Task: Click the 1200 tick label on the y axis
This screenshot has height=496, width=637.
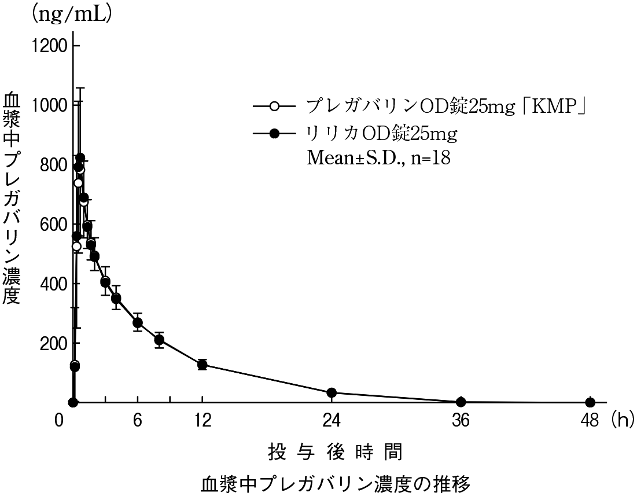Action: pyautogui.click(x=51, y=45)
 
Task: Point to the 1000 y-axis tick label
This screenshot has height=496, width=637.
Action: pyautogui.click(x=51, y=105)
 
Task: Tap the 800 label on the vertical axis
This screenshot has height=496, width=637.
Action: pyautogui.click(x=54, y=164)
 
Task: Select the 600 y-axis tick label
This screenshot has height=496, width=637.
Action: pyautogui.click(x=54, y=224)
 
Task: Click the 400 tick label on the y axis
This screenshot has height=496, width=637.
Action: pyautogui.click(x=54, y=284)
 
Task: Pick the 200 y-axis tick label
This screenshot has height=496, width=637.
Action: pyautogui.click(x=54, y=343)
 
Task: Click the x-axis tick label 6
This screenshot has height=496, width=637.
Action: pyautogui.click(x=138, y=421)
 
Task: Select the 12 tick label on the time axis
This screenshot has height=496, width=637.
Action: pyautogui.click(x=202, y=421)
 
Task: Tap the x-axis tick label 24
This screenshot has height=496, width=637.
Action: pyautogui.click(x=332, y=421)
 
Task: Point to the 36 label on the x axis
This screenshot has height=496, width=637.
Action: pyautogui.click(x=461, y=421)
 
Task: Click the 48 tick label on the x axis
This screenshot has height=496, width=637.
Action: pyautogui.click(x=590, y=421)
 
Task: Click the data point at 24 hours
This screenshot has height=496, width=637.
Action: pyautogui.click(x=332, y=393)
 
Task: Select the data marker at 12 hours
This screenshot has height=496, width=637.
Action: pyautogui.click(x=202, y=365)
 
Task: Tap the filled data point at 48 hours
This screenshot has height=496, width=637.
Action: pyautogui.click(x=590, y=402)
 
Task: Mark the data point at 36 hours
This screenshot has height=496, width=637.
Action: pyautogui.click(x=461, y=402)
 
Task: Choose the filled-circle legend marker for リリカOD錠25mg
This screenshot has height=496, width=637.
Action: pyautogui.click(x=275, y=134)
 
